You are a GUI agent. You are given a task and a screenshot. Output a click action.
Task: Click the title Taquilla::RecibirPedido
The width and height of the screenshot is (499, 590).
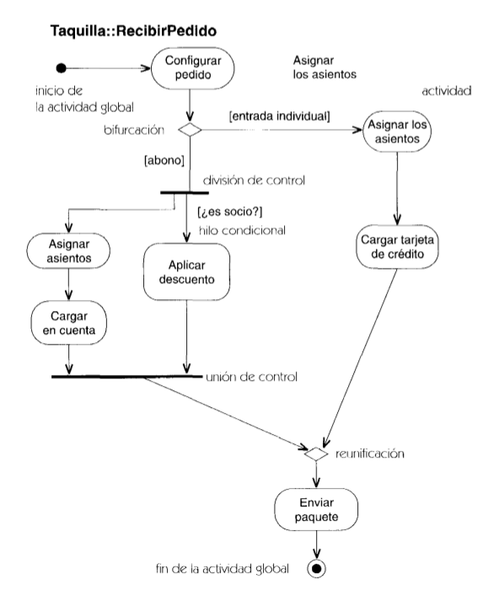[133, 31]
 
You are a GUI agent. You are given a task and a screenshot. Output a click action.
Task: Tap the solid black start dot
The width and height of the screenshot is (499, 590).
[61, 68]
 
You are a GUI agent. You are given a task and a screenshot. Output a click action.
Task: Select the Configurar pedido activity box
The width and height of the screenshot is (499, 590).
[193, 68]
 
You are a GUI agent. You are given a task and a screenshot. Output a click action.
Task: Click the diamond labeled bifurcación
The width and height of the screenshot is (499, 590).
[190, 130]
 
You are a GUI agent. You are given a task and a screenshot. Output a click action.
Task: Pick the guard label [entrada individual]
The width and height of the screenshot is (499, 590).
[280, 116]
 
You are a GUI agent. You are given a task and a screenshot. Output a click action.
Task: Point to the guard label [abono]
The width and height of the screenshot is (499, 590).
[164, 160]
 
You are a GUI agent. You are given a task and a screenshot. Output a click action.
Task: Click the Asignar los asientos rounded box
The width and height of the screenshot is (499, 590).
[397, 131]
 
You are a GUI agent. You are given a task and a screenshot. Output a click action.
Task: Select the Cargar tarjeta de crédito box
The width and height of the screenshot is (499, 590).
[397, 247]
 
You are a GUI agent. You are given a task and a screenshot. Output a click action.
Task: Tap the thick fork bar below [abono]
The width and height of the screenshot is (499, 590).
[185, 193]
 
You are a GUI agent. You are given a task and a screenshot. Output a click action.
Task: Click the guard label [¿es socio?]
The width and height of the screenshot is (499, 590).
[230, 212]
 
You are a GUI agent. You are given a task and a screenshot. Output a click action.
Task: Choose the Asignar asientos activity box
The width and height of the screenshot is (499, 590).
[68, 251]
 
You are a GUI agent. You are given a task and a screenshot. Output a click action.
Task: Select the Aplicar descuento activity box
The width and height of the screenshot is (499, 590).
[186, 271]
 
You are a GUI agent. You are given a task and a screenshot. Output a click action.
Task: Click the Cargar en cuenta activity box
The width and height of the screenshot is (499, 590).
[69, 323]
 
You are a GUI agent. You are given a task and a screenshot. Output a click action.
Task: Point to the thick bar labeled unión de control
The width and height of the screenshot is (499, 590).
[126, 376]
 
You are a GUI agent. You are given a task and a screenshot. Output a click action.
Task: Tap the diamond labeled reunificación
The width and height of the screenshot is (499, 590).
[316, 454]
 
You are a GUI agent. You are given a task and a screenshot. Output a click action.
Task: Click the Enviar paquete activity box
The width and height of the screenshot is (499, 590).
[316, 509]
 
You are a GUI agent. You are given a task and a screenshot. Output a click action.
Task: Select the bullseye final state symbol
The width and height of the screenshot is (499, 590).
[316, 568]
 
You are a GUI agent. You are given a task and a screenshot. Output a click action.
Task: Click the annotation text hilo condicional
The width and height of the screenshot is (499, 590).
[243, 230]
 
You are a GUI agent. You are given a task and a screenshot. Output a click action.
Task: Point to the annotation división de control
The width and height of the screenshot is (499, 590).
[254, 180]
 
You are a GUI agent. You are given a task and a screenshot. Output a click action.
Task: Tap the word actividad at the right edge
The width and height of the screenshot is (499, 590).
[447, 91]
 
